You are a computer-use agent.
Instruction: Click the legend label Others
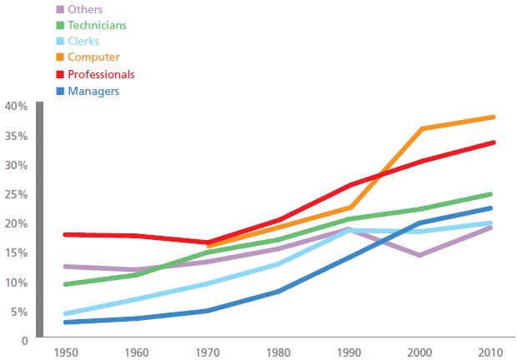[85, 9]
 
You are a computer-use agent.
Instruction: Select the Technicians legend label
[97, 25]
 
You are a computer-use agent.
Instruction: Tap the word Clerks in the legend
[83, 41]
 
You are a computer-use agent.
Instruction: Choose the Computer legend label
[93, 57]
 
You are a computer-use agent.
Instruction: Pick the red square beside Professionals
[60, 74]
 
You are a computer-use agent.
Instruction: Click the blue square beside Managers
[60, 91]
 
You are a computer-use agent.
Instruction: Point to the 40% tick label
[16, 106]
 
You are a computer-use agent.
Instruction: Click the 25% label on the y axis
[16, 194]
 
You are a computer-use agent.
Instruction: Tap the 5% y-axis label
[19, 312]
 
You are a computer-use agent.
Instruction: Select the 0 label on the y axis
[24, 341]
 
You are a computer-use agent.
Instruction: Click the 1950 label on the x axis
[66, 352]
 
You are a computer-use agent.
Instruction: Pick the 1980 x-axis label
[279, 352]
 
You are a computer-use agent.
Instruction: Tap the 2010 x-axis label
[490, 352]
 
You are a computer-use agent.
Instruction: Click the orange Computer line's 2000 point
[422, 128]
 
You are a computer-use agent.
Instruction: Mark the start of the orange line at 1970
[208, 246]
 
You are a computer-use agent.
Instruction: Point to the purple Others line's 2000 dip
[419, 255]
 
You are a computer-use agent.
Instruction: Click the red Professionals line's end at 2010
[494, 142]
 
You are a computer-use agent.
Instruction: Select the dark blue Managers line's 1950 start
[65, 322]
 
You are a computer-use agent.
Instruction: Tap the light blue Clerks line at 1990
[349, 231]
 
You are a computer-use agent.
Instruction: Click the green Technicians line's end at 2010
[490, 194]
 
